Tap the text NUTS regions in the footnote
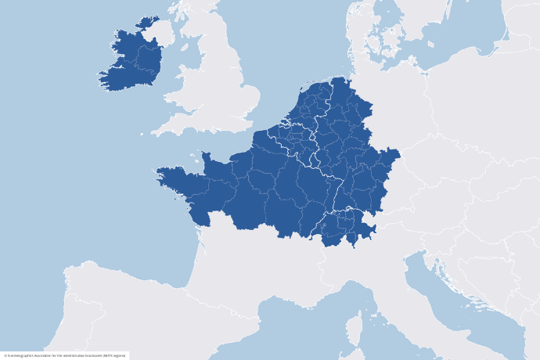click(x=116, y=355)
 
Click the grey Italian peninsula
click(x=407, y=290)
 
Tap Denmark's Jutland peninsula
click(x=357, y=23)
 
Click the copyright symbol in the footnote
click(x=4, y=355)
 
